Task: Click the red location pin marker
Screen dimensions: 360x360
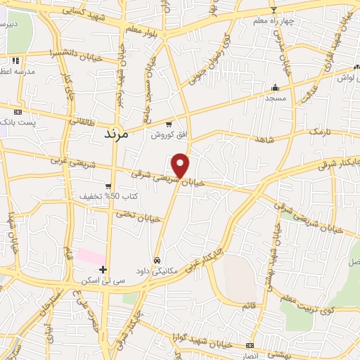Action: (x=181, y=164)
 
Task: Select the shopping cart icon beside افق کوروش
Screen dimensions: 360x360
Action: (x=158, y=122)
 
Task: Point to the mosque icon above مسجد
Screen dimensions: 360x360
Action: (x=275, y=89)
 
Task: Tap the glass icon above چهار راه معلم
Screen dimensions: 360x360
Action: (x=274, y=9)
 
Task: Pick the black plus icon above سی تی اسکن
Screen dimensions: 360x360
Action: (x=103, y=269)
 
